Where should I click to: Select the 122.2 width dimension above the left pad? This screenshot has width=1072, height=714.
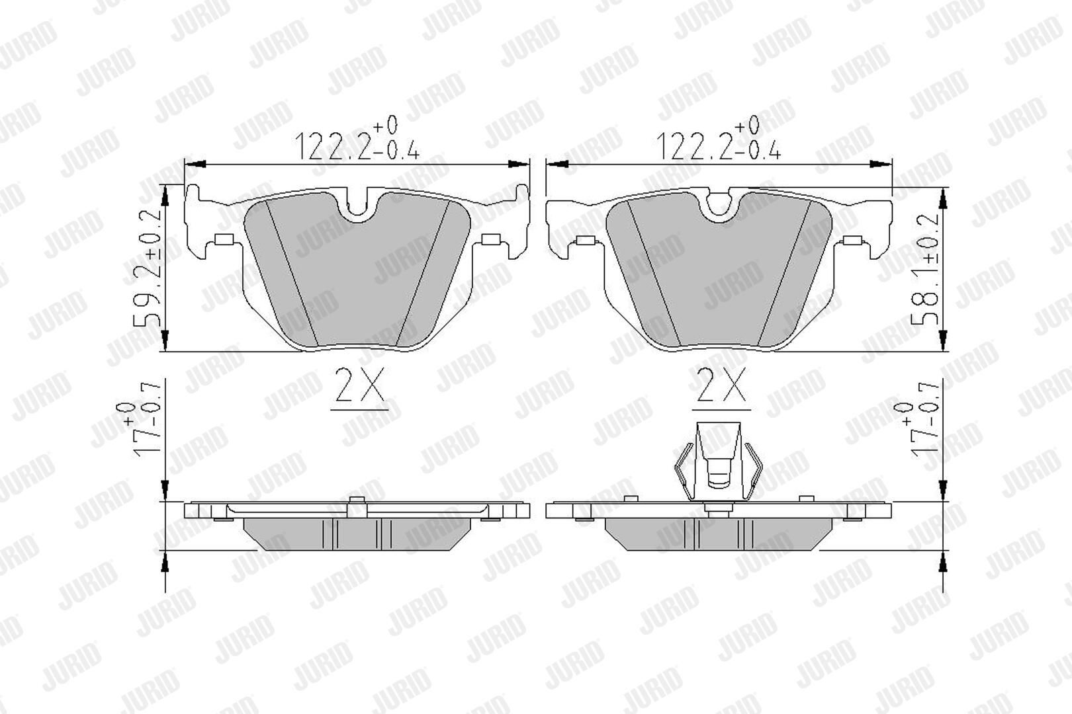coord(357,139)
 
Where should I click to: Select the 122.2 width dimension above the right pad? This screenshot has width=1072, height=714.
coord(719,139)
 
